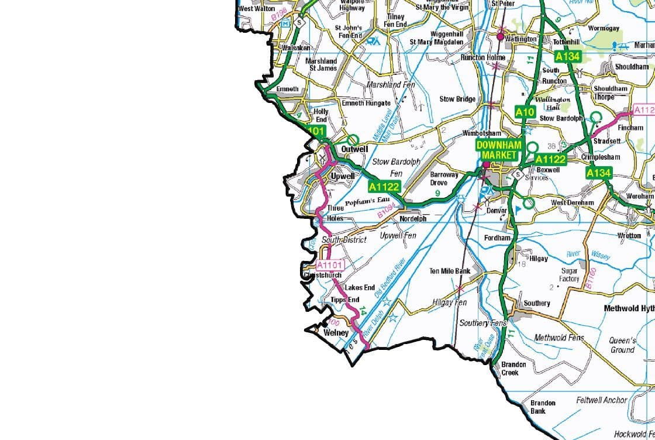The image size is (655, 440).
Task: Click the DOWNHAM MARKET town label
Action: tap(497, 149)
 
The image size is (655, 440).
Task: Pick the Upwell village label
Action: tap(343, 176)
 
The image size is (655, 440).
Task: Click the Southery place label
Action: tap(536, 303)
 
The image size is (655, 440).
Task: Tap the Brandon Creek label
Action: tap(513, 368)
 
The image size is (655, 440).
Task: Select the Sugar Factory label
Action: tap(569, 275)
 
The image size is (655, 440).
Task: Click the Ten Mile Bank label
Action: tap(450, 271)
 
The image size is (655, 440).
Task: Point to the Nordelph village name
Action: tap(413, 219)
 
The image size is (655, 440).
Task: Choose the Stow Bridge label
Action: tap(457, 99)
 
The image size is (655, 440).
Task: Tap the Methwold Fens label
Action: tap(559, 338)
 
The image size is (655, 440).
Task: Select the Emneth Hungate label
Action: tap(366, 103)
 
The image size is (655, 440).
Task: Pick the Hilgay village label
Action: tap(538, 258)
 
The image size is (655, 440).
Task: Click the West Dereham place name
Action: tap(572, 202)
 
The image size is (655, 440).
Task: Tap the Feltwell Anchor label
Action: tap(601, 400)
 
